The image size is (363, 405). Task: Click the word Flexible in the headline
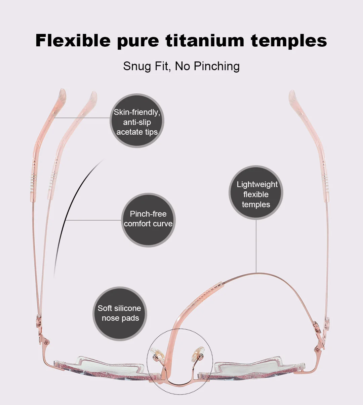pyautogui.click(x=73, y=40)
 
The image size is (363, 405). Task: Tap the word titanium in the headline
pyautogui.click(x=205, y=40)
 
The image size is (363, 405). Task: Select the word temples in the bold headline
pyautogui.click(x=289, y=40)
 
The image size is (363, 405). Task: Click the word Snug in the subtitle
pyautogui.click(x=137, y=66)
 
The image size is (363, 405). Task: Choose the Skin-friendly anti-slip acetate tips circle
pyautogui.click(x=137, y=121)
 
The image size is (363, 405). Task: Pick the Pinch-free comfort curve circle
pyautogui.click(x=148, y=220)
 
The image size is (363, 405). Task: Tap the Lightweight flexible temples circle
pyautogui.click(x=256, y=193)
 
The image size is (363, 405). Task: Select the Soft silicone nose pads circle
pyautogui.click(x=120, y=314)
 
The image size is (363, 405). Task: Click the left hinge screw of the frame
pyautogui.click(x=46, y=343)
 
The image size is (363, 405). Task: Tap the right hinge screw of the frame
pyautogui.click(x=317, y=350)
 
